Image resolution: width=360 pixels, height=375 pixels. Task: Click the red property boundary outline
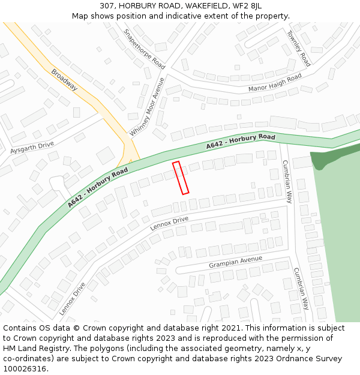(181, 178)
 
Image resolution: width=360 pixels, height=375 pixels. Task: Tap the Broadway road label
(64, 79)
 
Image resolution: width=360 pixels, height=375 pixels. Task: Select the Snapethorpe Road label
(144, 49)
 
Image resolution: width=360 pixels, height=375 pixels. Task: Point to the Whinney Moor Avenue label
(148, 107)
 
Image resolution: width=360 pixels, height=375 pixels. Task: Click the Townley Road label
(298, 48)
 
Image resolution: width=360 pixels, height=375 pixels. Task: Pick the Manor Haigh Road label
(275, 83)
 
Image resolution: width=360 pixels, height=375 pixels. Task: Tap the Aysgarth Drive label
(32, 147)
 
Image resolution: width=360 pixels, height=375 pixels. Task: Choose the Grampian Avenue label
(235, 262)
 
